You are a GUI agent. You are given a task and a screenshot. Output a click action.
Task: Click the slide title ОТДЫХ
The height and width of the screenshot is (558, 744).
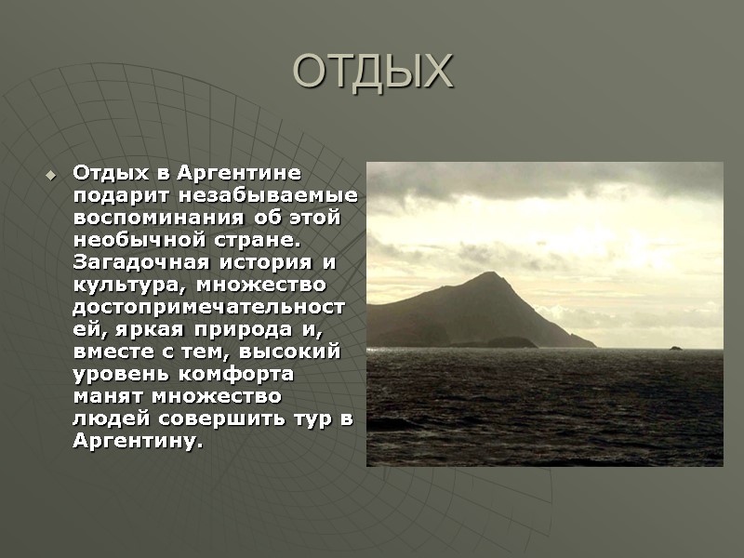(372, 72)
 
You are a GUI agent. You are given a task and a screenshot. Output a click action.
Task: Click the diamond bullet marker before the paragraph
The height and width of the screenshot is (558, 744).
(51, 174)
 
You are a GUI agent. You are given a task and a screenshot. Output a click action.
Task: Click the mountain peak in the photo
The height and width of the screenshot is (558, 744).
(488, 276)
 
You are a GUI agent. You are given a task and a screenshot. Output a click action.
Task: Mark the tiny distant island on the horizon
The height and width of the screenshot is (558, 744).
(675, 348)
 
